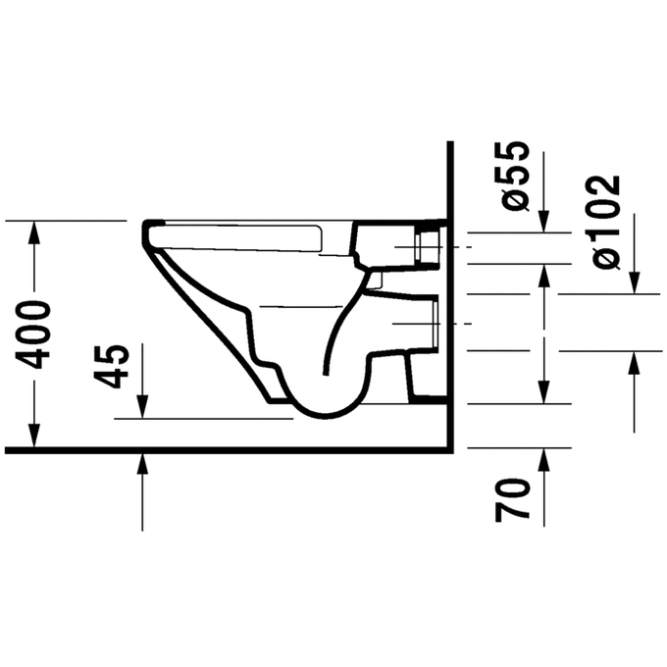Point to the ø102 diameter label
(607, 223)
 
